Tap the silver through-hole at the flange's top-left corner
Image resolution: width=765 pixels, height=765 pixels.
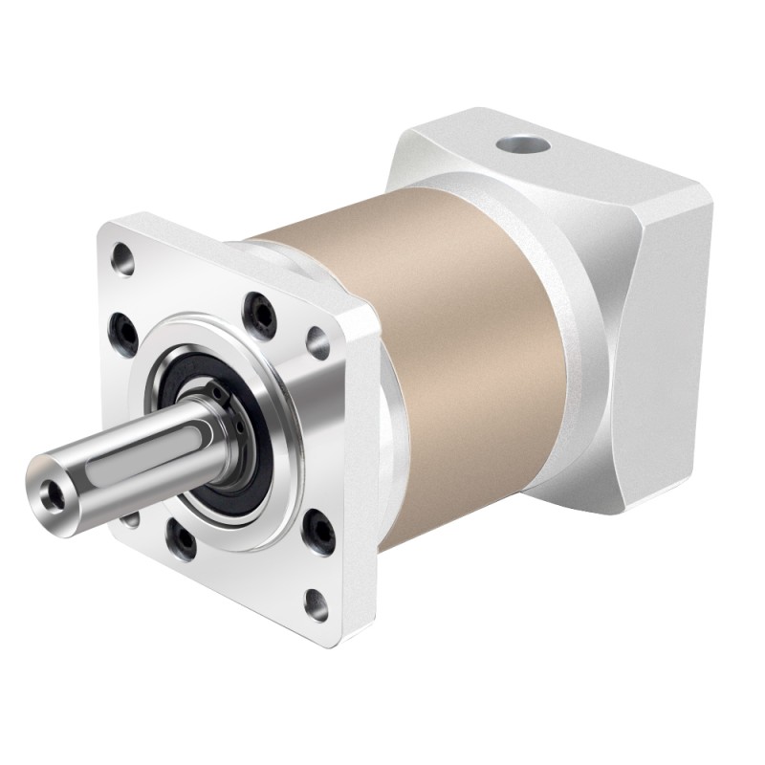pos(123,256)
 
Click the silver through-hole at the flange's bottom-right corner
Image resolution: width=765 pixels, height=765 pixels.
pos(315,602)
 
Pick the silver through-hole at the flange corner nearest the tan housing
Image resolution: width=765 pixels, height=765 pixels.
pos(316,337)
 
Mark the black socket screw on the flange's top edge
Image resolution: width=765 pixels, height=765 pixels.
pos(258,308)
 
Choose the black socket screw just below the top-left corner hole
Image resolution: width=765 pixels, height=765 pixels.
pos(123,325)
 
